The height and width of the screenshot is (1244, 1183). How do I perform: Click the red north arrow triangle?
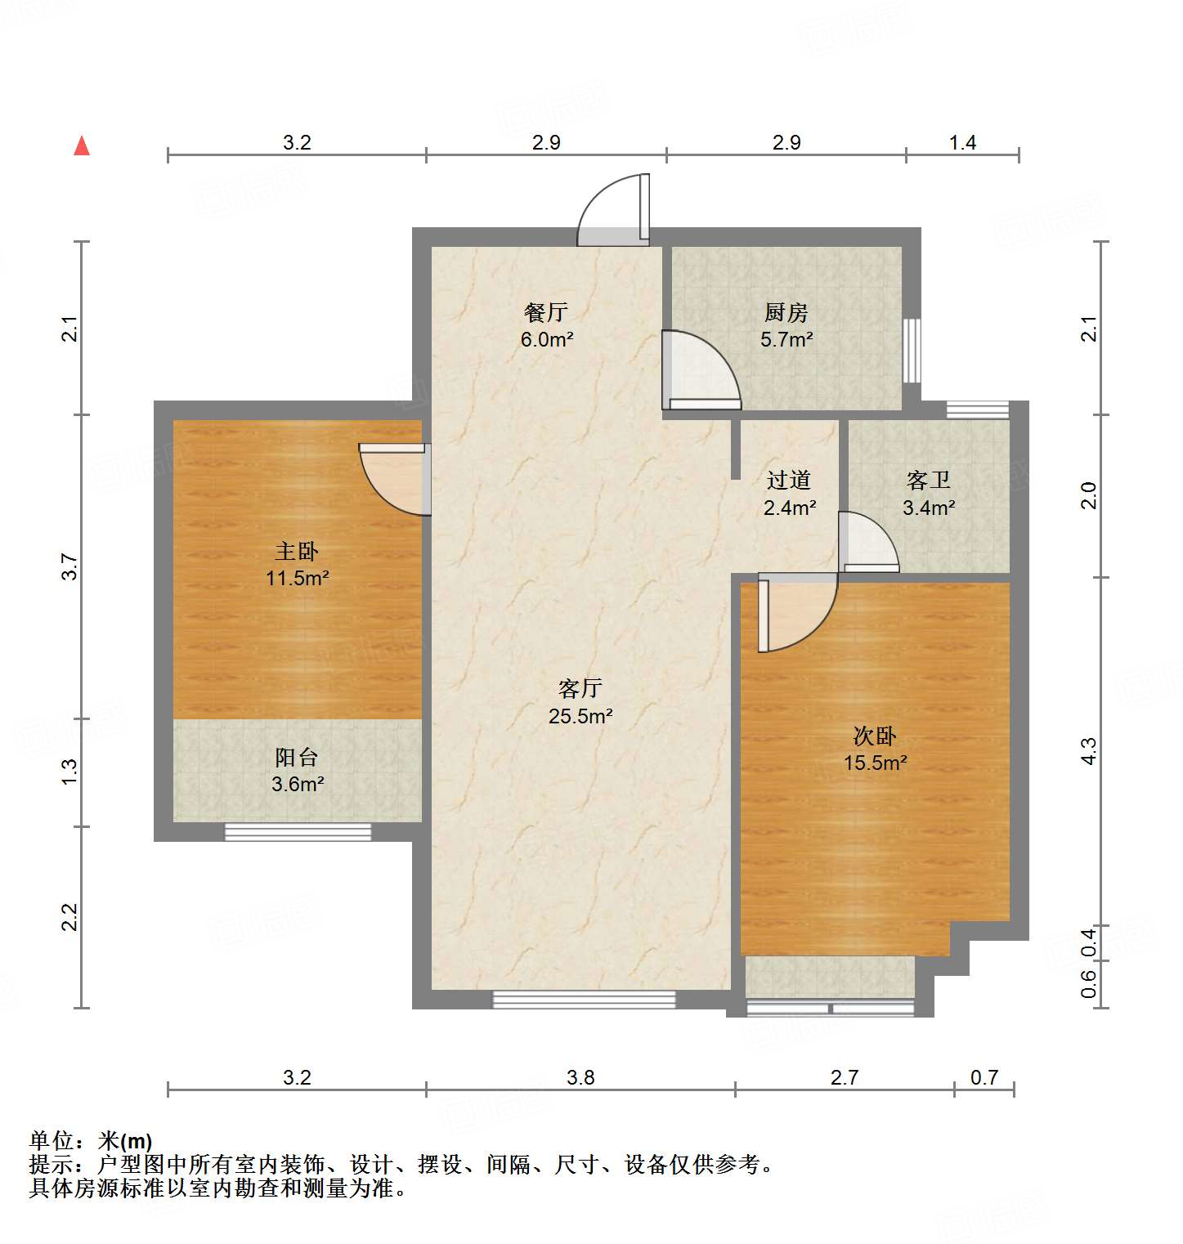coord(82,146)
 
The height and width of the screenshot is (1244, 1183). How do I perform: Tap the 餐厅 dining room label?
coord(546,313)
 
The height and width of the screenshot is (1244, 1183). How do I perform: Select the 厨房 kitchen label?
coord(786,313)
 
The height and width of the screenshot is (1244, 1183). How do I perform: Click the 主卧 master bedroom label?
coord(297,552)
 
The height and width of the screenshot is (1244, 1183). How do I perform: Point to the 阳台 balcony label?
coord(297,758)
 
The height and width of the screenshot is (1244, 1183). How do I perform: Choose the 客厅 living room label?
coord(580,689)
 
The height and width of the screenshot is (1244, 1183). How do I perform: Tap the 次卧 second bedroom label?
coord(875,736)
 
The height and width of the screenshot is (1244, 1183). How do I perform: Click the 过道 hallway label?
coord(789,481)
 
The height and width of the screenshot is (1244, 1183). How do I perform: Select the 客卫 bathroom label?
coord(929,481)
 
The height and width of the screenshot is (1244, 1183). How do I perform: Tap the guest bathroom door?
coord(867,543)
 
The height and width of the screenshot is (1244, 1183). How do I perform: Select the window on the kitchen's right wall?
coord(912,351)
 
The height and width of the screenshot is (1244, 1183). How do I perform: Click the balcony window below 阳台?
coord(298,832)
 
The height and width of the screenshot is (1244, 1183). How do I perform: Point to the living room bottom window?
coord(584,999)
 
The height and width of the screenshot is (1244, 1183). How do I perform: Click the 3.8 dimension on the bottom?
coord(580,1077)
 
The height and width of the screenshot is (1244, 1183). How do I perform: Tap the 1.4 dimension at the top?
coord(962,143)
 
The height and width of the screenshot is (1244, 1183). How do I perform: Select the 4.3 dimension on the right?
coord(1088,751)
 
